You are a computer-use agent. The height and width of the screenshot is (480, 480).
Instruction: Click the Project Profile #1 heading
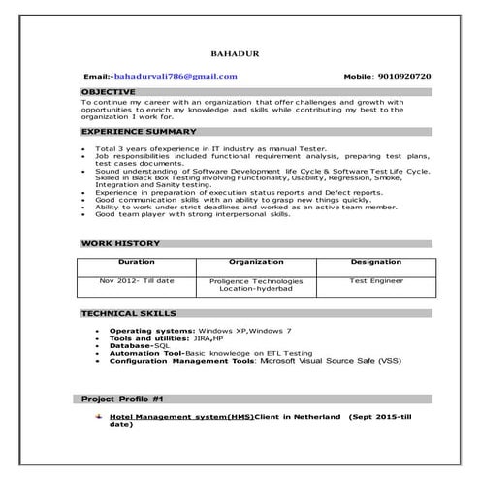tap(122, 399)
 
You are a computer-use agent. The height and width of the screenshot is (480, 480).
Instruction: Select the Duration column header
tap(136, 262)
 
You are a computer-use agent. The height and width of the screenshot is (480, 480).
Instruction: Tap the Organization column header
tap(256, 262)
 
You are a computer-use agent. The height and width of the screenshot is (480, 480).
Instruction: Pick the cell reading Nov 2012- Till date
tap(136, 280)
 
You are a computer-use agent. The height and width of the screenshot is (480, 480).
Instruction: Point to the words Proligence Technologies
tap(256, 280)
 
